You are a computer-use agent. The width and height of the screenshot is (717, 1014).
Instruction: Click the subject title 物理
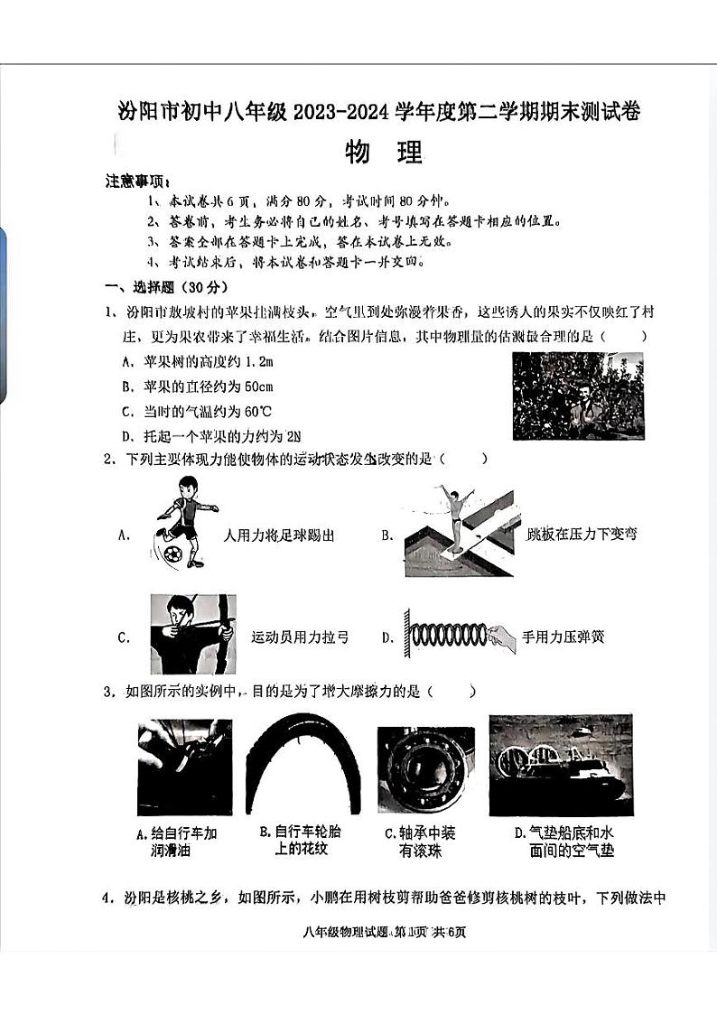[384, 153]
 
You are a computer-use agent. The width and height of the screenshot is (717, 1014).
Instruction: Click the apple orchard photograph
[578, 395]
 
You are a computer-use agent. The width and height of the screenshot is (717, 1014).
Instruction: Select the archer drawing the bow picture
[193, 634]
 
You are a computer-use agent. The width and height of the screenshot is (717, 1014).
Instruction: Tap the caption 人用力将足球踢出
[278, 535]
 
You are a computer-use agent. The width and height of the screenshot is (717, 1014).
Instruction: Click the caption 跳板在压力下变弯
[582, 534]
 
